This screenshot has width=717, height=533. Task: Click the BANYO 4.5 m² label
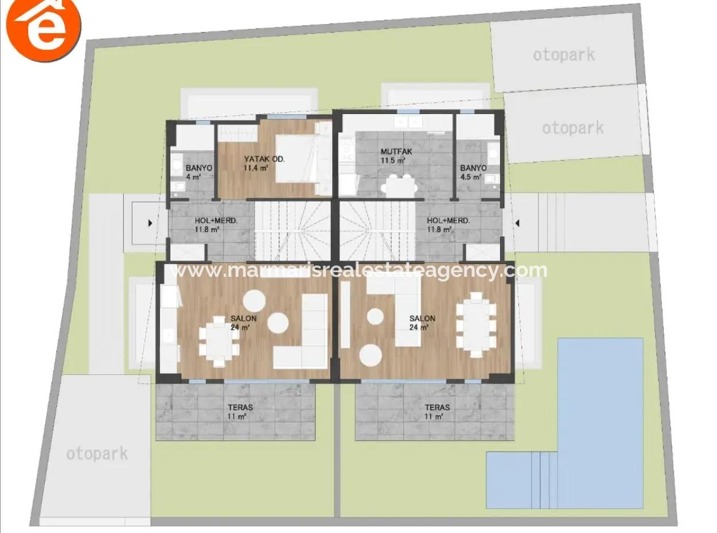(x=473, y=173)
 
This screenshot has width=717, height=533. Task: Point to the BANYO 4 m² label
(x=198, y=173)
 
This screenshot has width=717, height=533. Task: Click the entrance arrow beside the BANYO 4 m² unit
(x=150, y=223)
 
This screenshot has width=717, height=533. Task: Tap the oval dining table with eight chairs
(x=476, y=325)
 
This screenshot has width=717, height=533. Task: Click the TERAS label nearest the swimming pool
(x=437, y=411)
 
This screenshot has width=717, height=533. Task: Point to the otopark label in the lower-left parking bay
(x=96, y=454)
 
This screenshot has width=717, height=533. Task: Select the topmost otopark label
(x=563, y=55)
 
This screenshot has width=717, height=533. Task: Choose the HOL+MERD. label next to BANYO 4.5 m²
(x=449, y=224)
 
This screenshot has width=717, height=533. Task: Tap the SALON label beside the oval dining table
(x=422, y=322)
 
